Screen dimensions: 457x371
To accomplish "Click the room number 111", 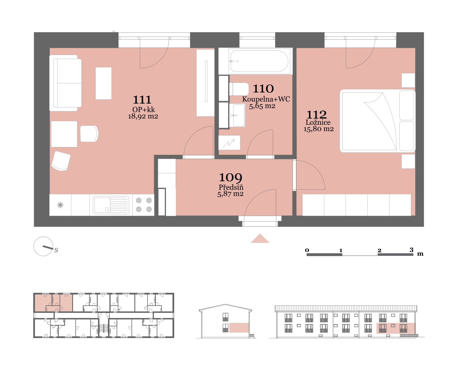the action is click(142, 100).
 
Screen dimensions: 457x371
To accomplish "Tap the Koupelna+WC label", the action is click(266, 99).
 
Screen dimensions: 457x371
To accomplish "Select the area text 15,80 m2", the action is click(318, 129).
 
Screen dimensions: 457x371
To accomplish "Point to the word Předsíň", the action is click(231, 187).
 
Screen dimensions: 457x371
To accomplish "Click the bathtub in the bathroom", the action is click(259, 61).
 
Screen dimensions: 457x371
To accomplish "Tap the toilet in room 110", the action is click(239, 89).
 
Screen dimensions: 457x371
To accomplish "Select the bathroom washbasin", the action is click(237, 115).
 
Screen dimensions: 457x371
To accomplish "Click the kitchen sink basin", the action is click(102, 205).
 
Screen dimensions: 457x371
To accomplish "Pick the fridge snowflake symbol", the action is click(60, 205).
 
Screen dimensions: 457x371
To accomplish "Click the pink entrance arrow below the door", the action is click(260, 239).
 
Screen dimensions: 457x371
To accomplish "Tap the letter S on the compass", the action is click(56, 250).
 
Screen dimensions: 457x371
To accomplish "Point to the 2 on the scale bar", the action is click(379, 250).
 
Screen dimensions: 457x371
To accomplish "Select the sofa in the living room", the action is click(65, 83).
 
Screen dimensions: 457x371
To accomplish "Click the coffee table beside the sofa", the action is click(103, 83).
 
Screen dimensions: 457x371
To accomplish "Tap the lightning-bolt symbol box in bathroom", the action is click(229, 143).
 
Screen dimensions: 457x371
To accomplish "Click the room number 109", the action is click(231, 177).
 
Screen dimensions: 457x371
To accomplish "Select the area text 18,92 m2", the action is click(143, 116).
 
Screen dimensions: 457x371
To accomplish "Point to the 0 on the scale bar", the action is click(307, 250).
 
